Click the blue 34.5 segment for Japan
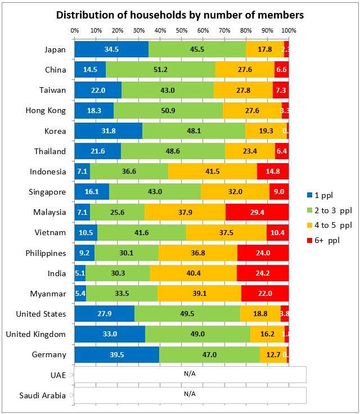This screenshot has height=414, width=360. click(111, 49)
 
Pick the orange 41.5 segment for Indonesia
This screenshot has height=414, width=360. click(213, 172)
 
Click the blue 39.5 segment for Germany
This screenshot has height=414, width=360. click(116, 354)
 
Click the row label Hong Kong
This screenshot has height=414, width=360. click(47, 111)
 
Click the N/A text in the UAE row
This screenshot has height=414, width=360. click(189, 374)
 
